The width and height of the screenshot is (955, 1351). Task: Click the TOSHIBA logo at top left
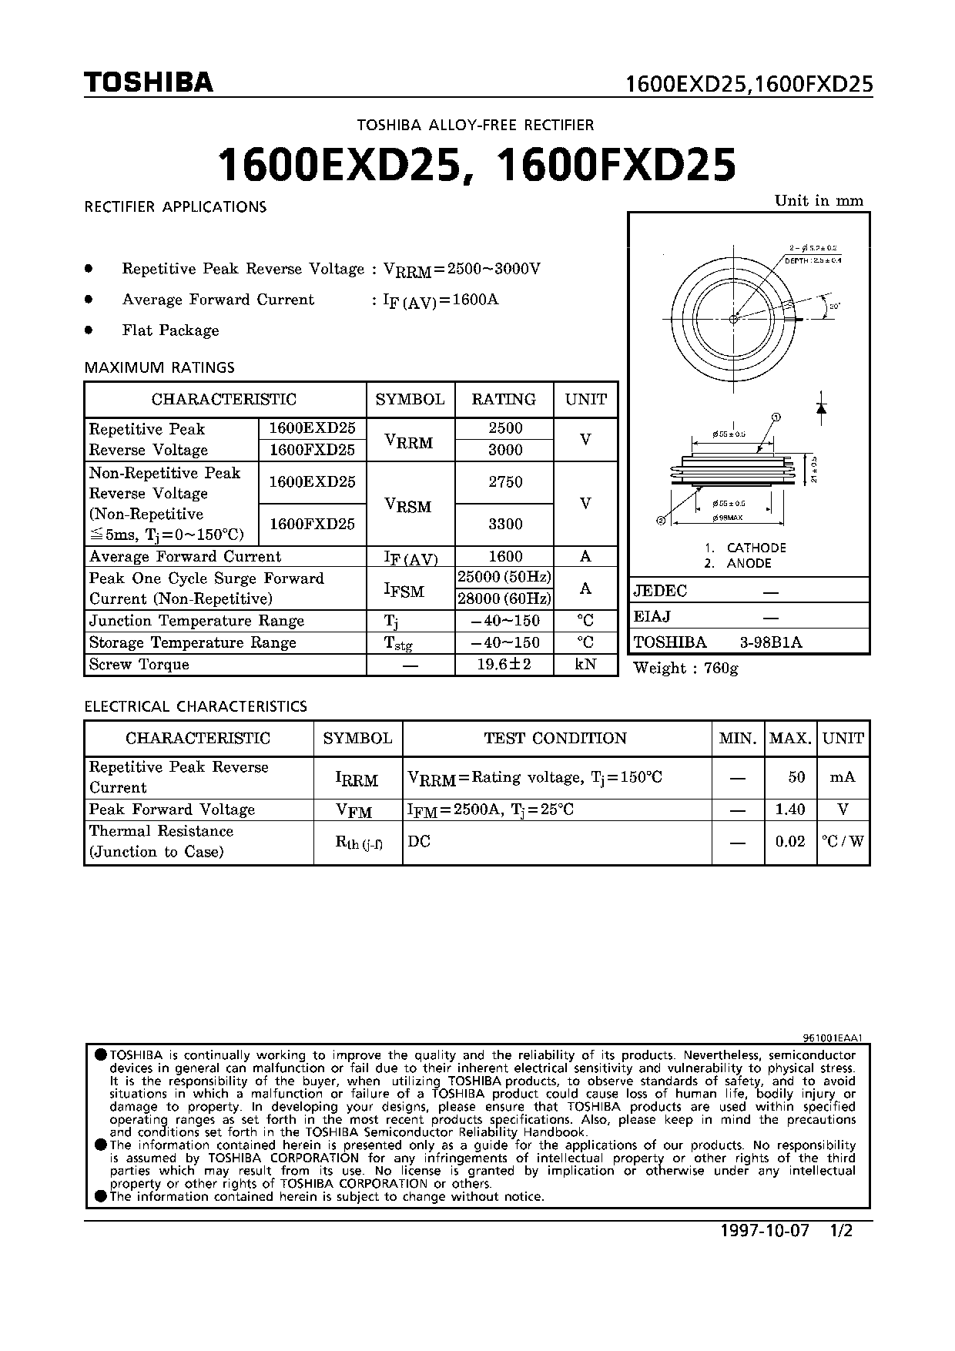pyautogui.click(x=148, y=83)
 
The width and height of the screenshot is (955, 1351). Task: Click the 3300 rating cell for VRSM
pyautogui.click(x=505, y=525)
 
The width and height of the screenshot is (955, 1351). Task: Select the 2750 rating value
pyautogui.click(x=505, y=482)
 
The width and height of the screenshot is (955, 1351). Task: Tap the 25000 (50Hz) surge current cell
pyautogui.click(x=504, y=578)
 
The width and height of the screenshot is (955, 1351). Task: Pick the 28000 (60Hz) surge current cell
pyautogui.click(x=504, y=599)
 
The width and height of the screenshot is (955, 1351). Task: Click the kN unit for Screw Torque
pyautogui.click(x=585, y=664)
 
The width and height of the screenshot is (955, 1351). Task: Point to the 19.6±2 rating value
pyautogui.click(x=504, y=664)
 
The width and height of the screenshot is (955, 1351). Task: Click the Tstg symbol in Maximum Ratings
pyautogui.click(x=398, y=643)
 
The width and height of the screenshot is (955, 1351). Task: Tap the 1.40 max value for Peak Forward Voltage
pyautogui.click(x=790, y=810)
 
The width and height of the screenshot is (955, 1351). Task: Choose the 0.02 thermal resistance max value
pyautogui.click(x=790, y=842)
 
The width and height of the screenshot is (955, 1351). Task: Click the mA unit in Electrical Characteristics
pyautogui.click(x=843, y=777)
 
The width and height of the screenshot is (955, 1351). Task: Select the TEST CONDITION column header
pyautogui.click(x=555, y=738)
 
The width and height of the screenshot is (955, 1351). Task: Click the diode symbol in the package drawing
pyautogui.click(x=821, y=409)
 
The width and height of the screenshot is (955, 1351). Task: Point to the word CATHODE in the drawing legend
pyautogui.click(x=756, y=548)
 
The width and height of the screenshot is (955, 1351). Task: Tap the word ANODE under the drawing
pyautogui.click(x=749, y=564)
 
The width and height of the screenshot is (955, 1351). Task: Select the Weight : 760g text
pyautogui.click(x=685, y=669)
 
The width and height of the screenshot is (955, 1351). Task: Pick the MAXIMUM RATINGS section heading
pyautogui.click(x=159, y=367)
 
